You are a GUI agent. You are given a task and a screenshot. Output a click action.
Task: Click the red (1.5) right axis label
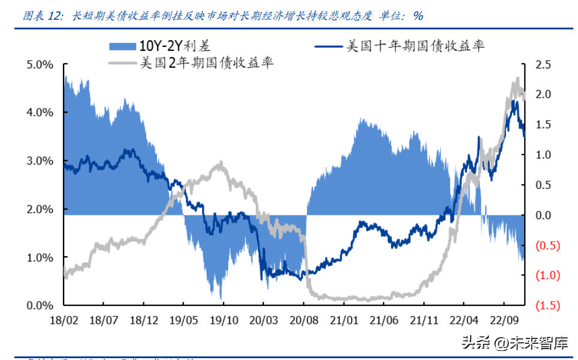pyautogui.click(x=545, y=306)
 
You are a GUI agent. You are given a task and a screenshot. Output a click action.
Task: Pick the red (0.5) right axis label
pyautogui.click(x=545, y=245)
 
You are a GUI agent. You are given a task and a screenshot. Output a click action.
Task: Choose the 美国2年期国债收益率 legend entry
pyautogui.click(x=206, y=62)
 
